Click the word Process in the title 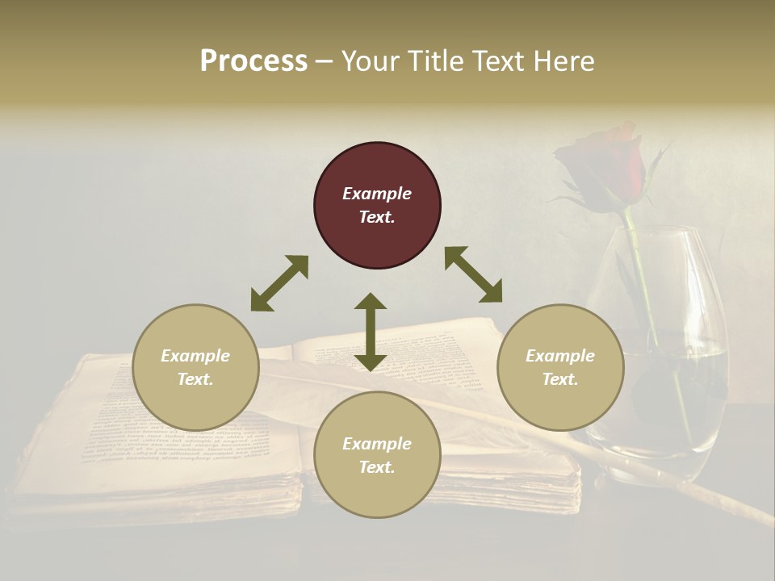click(x=253, y=61)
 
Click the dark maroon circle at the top click(x=377, y=206)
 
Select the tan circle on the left click(x=195, y=367)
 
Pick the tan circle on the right click(x=560, y=367)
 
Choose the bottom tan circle click(x=377, y=454)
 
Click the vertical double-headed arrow click(x=371, y=332)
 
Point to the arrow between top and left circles click(x=279, y=283)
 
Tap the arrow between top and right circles click(x=473, y=274)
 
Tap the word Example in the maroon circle click(x=377, y=194)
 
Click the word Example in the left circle click(x=195, y=356)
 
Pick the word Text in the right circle click(x=560, y=379)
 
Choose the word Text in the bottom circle click(x=377, y=467)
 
